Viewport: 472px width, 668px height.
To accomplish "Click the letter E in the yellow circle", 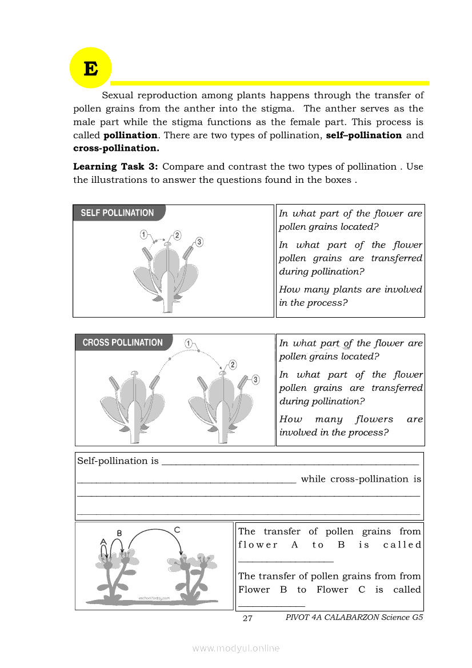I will [x=90, y=69].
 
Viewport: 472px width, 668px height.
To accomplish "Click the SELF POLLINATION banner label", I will [x=117, y=213].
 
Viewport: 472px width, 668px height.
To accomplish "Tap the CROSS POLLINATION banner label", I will [x=122, y=343].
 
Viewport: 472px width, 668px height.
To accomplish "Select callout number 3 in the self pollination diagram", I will [x=199, y=242].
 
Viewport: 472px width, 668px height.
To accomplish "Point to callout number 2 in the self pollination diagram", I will [x=177, y=235].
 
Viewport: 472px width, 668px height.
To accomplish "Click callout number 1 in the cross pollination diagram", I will [x=189, y=343].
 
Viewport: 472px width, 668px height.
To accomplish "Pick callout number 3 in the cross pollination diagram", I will [x=255, y=379].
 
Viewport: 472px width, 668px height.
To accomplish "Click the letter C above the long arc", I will [x=177, y=530].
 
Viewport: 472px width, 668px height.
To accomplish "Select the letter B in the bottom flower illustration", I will [x=119, y=533].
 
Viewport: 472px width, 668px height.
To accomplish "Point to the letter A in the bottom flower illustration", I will [x=103, y=541].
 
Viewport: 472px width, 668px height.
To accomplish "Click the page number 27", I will [x=247, y=618].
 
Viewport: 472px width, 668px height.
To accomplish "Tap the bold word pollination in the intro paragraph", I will [x=130, y=135].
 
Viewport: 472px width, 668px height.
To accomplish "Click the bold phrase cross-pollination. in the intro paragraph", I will [x=116, y=149].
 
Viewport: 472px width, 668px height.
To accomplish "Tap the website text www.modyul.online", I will [x=236, y=648].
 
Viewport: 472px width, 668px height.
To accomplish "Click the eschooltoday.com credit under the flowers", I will [x=154, y=598].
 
